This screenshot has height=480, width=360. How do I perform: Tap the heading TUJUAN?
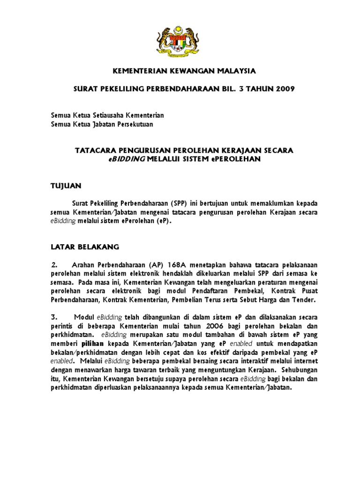pos(66,186)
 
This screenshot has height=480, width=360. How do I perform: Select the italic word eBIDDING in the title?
pos(127,159)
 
